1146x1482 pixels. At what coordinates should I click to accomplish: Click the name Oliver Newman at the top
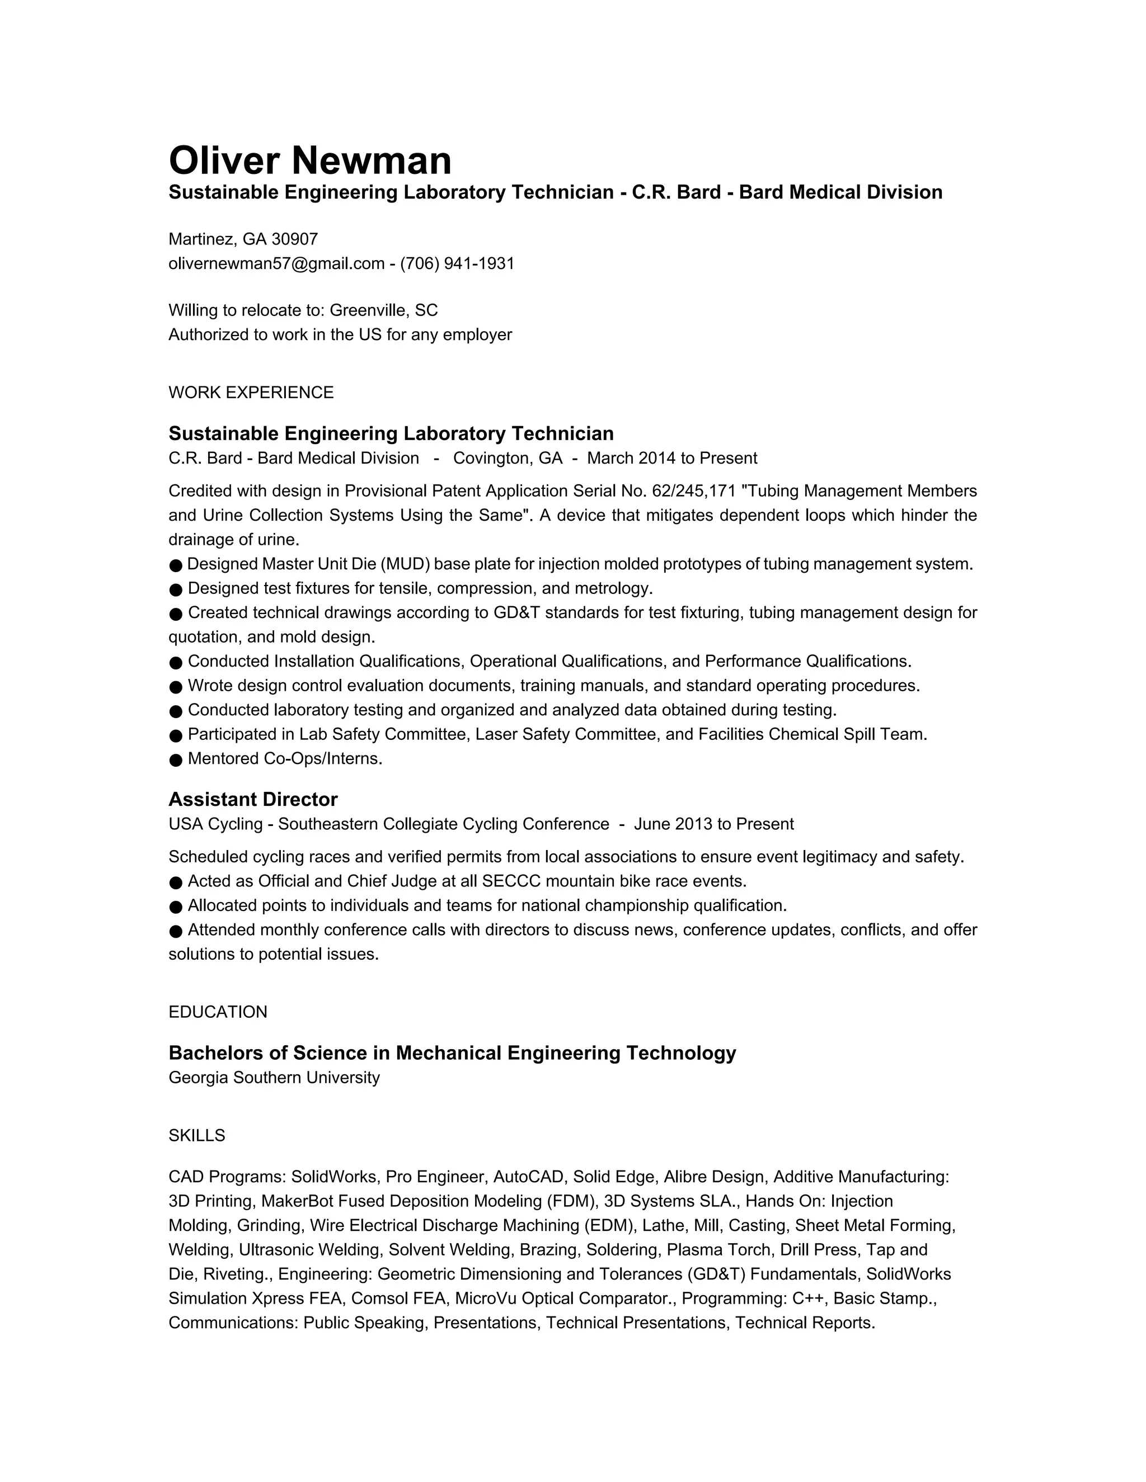(x=309, y=161)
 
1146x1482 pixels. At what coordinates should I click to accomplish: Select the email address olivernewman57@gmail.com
(x=276, y=263)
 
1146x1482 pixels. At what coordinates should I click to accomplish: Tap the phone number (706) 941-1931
(x=457, y=263)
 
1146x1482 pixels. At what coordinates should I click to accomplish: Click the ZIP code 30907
(x=295, y=239)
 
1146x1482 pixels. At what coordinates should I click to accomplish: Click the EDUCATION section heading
(x=218, y=1012)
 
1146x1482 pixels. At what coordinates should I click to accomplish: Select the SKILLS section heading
(x=197, y=1135)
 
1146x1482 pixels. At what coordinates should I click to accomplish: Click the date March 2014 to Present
(x=672, y=458)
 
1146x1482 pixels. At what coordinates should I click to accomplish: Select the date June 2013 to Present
(x=713, y=824)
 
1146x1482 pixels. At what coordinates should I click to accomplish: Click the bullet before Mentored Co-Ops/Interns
(x=176, y=759)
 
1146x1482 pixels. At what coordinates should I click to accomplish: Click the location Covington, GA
(x=508, y=458)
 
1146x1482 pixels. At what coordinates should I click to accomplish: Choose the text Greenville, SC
(x=383, y=310)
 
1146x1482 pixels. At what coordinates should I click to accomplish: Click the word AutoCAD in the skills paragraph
(x=530, y=1177)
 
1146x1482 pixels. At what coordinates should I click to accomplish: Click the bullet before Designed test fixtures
(x=176, y=589)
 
